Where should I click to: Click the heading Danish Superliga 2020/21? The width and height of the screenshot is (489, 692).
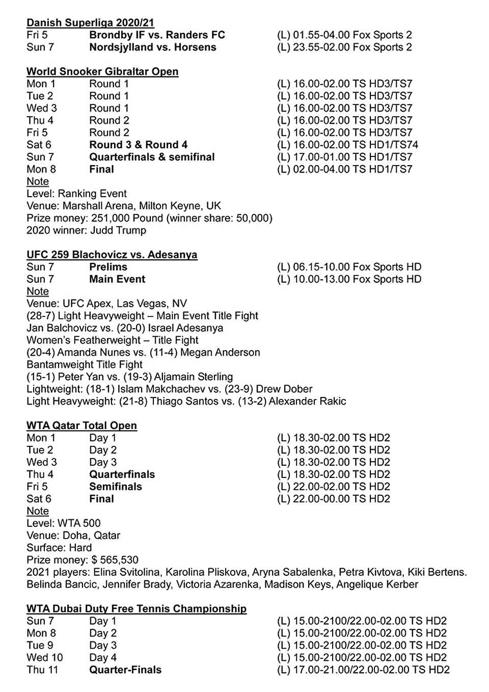click(x=90, y=23)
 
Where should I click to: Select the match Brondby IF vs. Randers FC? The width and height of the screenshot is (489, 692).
click(x=157, y=35)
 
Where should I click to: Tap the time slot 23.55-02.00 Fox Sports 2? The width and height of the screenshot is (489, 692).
click(x=352, y=47)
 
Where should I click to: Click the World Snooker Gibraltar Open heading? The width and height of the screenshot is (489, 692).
click(x=102, y=72)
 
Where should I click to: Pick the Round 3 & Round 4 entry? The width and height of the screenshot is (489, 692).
click(x=138, y=145)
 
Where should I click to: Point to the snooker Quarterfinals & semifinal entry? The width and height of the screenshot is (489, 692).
click(x=152, y=157)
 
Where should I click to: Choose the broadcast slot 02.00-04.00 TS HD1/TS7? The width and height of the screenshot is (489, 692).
click(x=352, y=170)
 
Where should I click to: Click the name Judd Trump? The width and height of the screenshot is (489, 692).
click(x=118, y=230)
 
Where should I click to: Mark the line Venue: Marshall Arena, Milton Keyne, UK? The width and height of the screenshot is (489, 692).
click(x=124, y=206)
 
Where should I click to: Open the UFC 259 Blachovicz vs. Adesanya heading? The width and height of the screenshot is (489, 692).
click(x=112, y=255)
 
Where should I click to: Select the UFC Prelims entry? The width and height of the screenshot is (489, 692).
click(x=108, y=267)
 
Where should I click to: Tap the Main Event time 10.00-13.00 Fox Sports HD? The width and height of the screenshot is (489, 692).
click(x=357, y=279)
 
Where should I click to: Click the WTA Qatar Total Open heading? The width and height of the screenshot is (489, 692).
click(x=81, y=425)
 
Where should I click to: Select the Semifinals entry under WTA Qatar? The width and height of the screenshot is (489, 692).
click(x=116, y=487)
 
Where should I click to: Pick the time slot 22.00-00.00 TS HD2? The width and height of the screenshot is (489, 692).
click(x=341, y=499)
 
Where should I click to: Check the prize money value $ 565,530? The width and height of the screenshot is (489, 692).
click(x=115, y=560)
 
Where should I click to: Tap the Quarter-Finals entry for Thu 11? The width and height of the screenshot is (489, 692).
click(x=125, y=670)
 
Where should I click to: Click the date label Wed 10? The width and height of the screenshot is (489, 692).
click(x=45, y=658)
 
